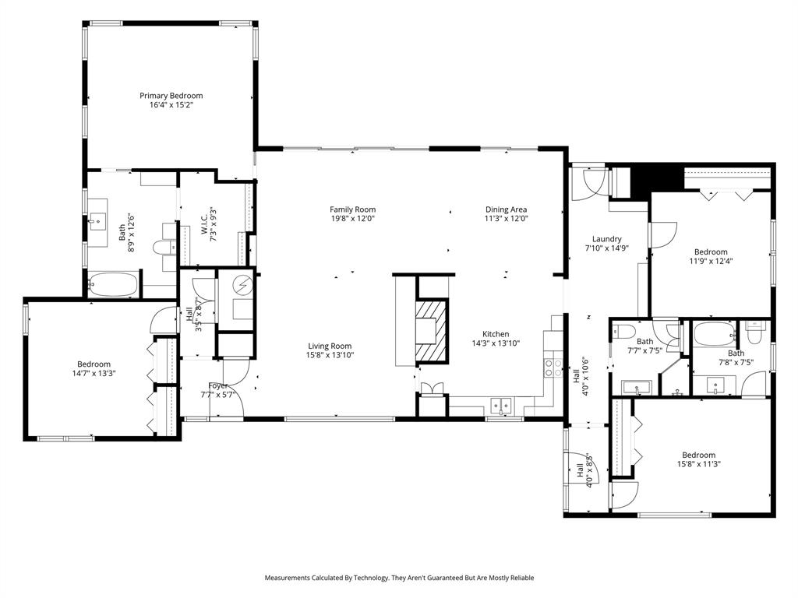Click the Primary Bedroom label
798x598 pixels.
[x=171, y=96]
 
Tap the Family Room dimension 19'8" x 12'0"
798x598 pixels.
[x=352, y=220]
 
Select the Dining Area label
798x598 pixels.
[x=507, y=209]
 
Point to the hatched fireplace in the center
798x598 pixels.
[x=432, y=332]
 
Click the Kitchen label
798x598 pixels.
[x=495, y=334]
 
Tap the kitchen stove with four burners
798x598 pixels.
[x=553, y=368]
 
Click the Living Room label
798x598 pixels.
[x=330, y=346]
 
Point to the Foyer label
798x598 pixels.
[x=218, y=385]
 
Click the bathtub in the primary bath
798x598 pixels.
[x=113, y=285]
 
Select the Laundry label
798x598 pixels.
[x=606, y=239]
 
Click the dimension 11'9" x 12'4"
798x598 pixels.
[x=711, y=262]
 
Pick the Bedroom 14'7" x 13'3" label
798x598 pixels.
[x=94, y=364]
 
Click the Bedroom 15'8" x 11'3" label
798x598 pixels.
[x=698, y=456]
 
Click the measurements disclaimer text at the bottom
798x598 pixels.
[x=399, y=578]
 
